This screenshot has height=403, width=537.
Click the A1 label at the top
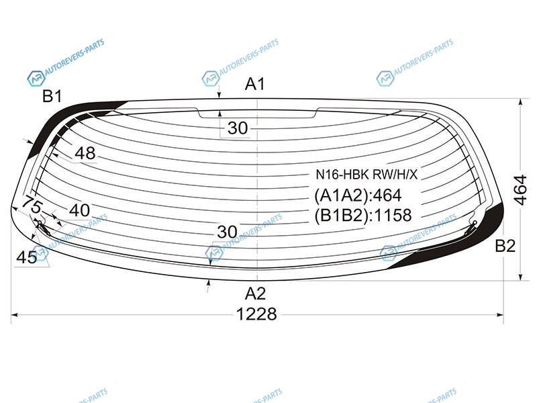coord(255,84)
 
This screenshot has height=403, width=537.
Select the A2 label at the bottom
coord(256,294)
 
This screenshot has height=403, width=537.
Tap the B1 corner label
coord(52,96)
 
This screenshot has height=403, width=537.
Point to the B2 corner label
coord(505,246)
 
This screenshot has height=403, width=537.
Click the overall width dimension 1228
coord(256,314)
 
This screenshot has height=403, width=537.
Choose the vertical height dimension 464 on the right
coord(521,190)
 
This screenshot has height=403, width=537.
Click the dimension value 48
coord(85,153)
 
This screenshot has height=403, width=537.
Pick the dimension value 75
coord(32,206)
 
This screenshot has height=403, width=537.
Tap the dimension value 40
coord(79,210)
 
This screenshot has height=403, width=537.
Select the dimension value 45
coord(27,257)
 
